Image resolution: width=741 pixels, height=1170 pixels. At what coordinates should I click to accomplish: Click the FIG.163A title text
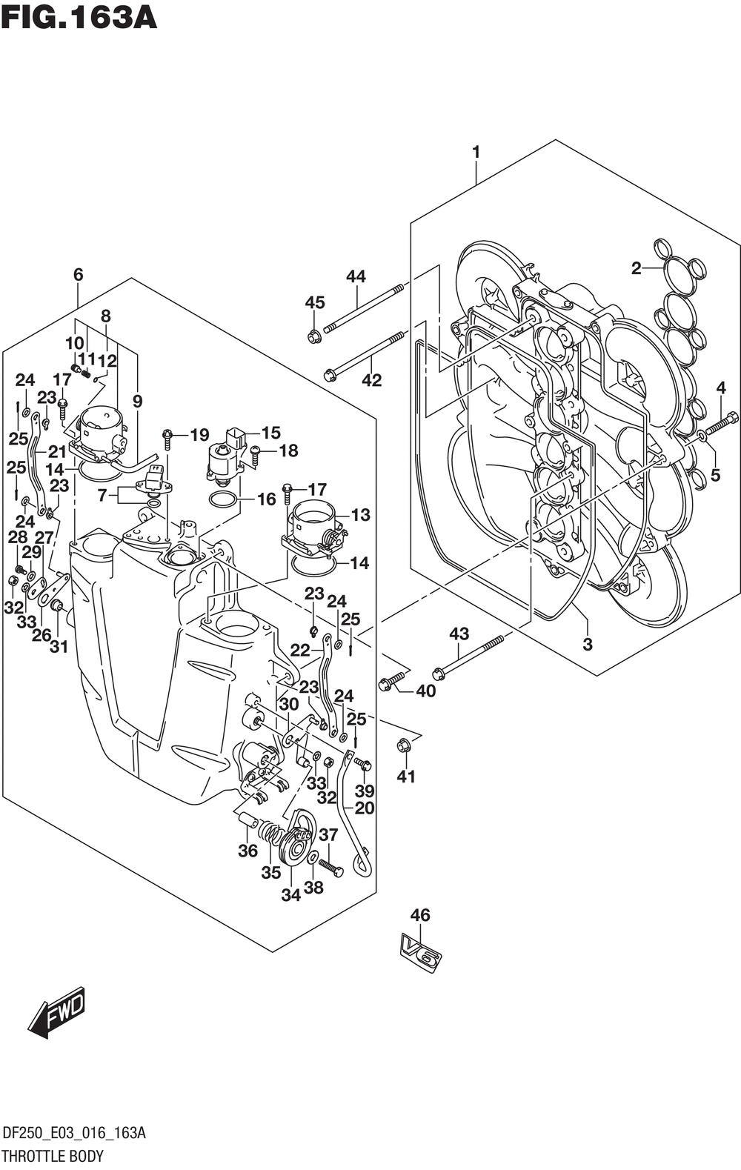pyautogui.click(x=79, y=18)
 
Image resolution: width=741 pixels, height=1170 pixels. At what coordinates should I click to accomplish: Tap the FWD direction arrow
pyautogui.click(x=58, y=1011)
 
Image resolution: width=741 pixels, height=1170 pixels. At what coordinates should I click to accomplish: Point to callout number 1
pyautogui.click(x=476, y=153)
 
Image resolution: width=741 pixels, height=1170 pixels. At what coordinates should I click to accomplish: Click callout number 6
pyautogui.click(x=79, y=274)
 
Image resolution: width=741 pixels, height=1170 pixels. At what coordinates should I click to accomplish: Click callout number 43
pyautogui.click(x=459, y=634)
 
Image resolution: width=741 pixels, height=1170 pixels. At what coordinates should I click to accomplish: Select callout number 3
pyautogui.click(x=588, y=645)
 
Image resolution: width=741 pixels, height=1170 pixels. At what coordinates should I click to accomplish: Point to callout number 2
pyautogui.click(x=636, y=268)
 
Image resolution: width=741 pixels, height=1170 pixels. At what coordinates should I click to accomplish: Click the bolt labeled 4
pyautogui.click(x=722, y=424)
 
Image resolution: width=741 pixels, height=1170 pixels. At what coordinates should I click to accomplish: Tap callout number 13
pyautogui.click(x=360, y=515)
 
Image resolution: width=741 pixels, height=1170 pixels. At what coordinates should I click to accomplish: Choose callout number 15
pyautogui.click(x=271, y=433)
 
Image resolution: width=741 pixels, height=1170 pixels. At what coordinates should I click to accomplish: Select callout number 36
pyautogui.click(x=248, y=851)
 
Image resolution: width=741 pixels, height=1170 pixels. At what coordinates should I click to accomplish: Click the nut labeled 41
pyautogui.click(x=403, y=745)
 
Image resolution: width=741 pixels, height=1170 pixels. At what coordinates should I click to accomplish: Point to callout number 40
pyautogui.click(x=426, y=691)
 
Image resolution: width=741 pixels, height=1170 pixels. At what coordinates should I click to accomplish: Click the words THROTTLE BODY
pyautogui.click(x=53, y=1155)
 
